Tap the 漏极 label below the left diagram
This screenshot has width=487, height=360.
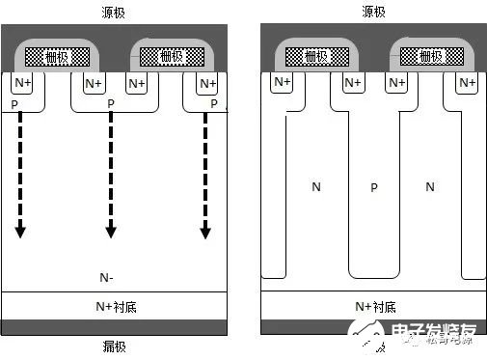[x=114, y=346]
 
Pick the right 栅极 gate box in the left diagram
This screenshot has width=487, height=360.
[x=170, y=57]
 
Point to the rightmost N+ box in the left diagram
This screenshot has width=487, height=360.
[x=207, y=85]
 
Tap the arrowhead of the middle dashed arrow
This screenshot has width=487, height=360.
[x=111, y=232]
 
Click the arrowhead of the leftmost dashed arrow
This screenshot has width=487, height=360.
[x=19, y=232]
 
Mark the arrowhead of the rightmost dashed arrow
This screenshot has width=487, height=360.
[x=205, y=232]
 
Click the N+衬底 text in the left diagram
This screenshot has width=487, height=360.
[x=114, y=306]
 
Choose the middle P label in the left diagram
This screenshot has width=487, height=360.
[x=111, y=103]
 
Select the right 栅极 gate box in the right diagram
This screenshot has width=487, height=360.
[x=429, y=57]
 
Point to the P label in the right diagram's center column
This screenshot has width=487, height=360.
[x=374, y=187]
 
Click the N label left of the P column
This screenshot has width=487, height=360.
[x=315, y=184]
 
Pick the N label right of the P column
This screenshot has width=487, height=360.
[x=431, y=184]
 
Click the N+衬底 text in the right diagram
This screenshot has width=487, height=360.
[x=374, y=306]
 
